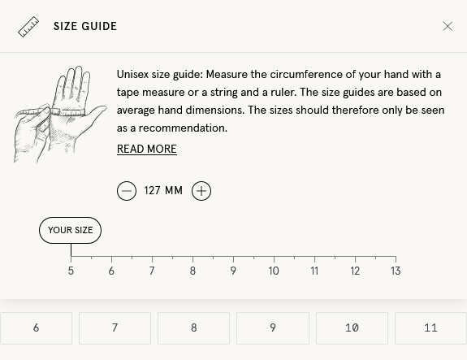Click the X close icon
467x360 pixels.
pos(448,26)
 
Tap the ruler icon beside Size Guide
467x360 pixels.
pos(28,27)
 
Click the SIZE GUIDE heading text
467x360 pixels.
pos(85,27)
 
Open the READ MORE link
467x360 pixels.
pos(146,150)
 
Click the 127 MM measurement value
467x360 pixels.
pos(163,191)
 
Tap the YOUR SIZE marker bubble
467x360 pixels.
pos(70,230)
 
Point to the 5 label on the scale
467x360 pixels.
pos(71,271)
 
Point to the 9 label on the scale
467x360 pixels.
pos(233,271)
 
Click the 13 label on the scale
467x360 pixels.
pos(396,271)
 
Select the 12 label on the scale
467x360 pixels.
pos(355,271)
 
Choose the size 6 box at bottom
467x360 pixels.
pos(36,328)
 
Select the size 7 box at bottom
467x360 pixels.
pos(115,328)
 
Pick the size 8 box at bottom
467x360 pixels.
pos(193,328)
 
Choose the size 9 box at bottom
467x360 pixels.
pos(272,328)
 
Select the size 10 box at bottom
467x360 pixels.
pos(352,328)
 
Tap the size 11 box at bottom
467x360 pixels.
pos(430,328)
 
